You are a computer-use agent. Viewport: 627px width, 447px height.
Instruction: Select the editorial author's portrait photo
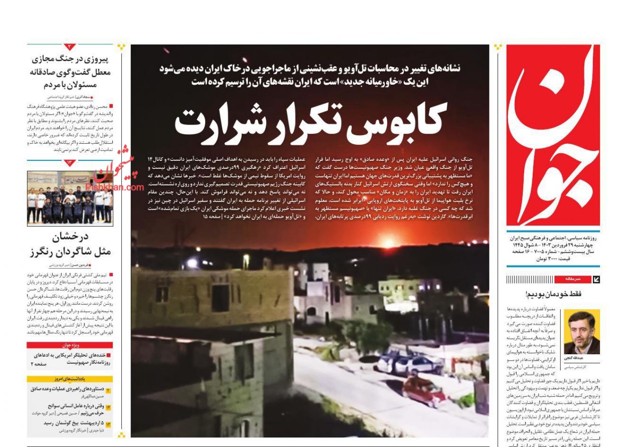coord(581,332)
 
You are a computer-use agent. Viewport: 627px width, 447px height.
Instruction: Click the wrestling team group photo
coord(70,198)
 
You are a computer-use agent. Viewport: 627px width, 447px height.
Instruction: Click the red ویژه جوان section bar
coord(70,345)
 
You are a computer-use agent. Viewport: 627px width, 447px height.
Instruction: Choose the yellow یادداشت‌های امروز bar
coord(70,379)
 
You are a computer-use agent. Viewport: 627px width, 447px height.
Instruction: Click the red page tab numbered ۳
coord(70,47)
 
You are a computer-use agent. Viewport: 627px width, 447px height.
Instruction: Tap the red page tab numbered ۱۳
coord(70,162)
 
